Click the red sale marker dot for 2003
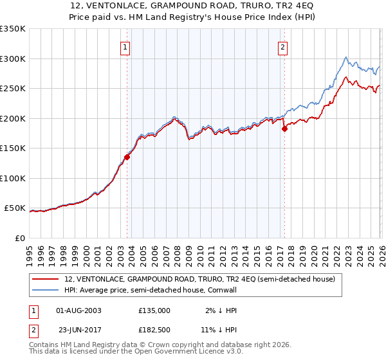tap(127, 156)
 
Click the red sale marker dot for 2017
tap(284, 129)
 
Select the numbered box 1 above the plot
tap(125, 46)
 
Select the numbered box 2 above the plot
tap(282, 46)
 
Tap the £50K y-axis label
tap(14, 208)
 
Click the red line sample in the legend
tap(46, 280)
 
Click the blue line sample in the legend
tap(46, 291)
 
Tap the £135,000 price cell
tap(154, 310)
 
